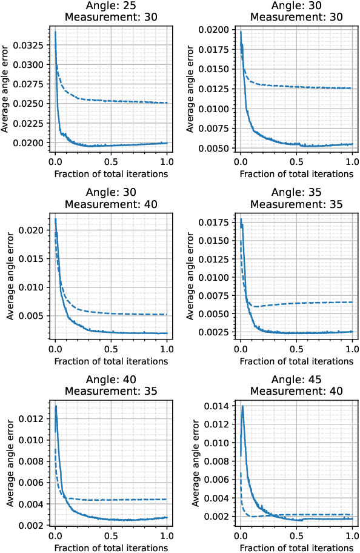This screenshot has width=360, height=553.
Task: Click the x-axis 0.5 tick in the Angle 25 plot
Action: pos(111,163)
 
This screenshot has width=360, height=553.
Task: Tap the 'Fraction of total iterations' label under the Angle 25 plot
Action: pos(111,173)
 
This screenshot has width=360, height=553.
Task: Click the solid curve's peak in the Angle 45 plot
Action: pos(242,406)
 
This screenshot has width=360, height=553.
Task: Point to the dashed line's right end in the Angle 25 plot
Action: pos(167,103)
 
